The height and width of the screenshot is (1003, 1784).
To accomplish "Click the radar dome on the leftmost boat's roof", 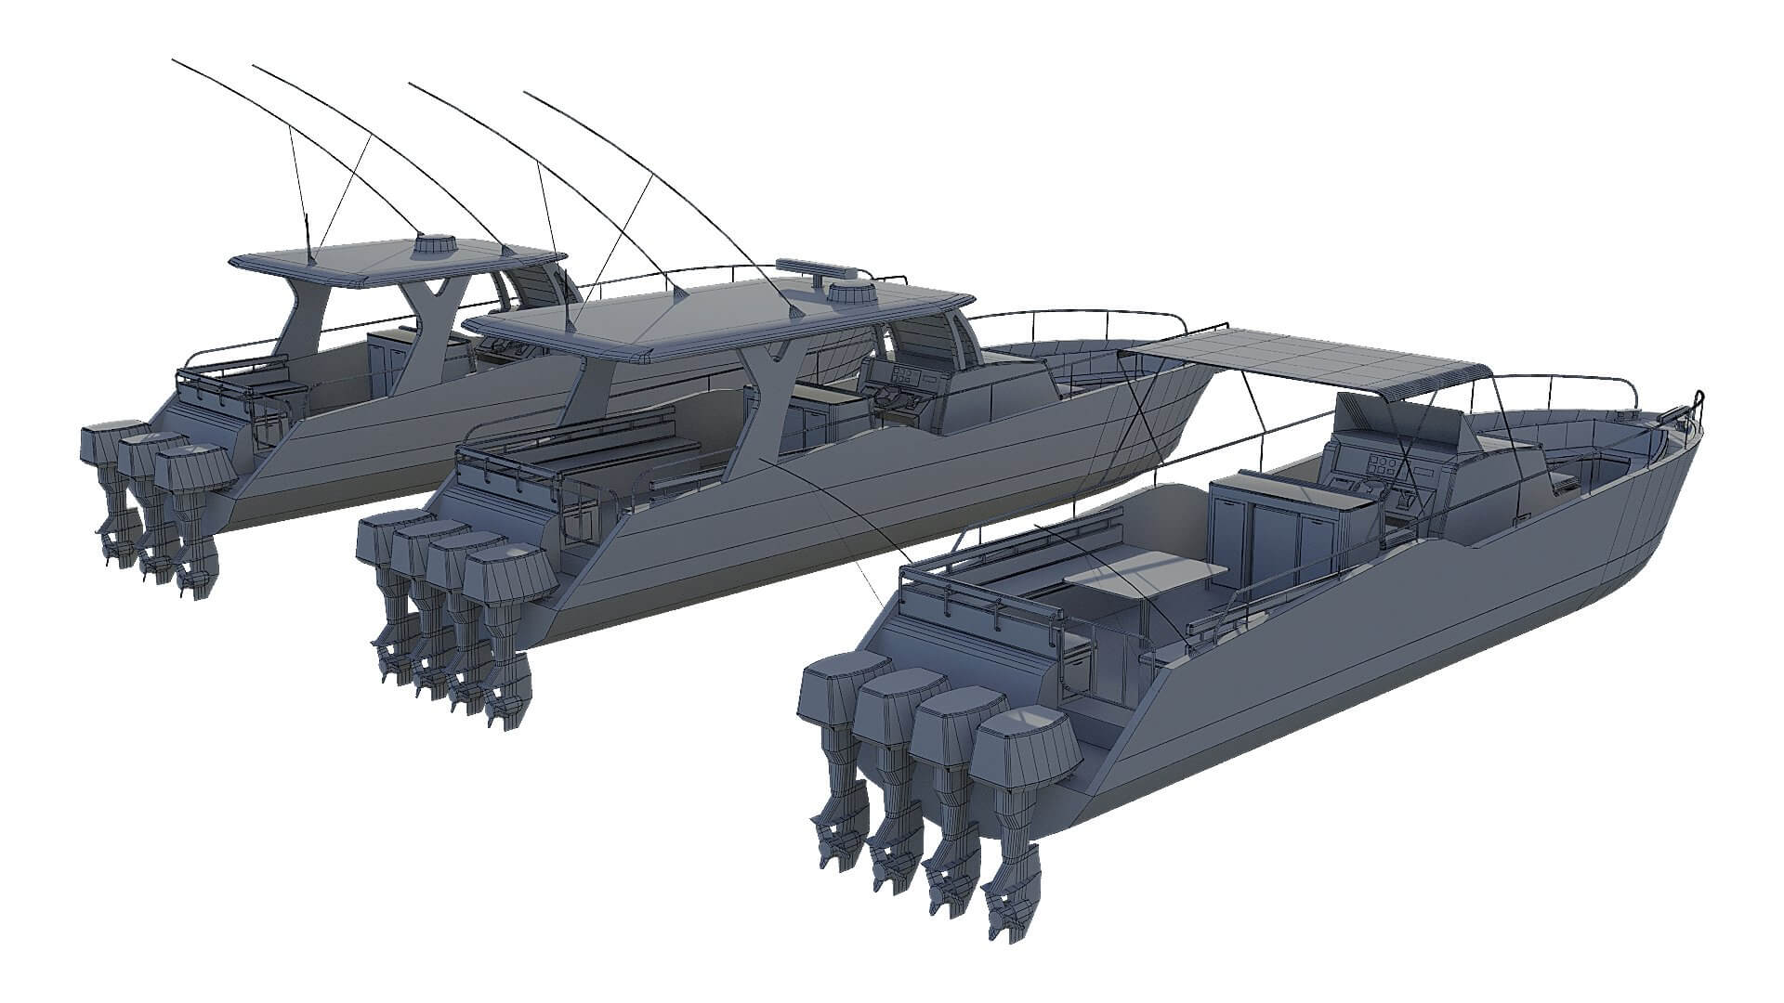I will point(435,245).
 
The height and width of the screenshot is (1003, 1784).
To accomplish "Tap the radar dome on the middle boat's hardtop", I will point(853,294).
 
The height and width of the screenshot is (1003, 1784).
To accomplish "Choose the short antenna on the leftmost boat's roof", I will point(308,237).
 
